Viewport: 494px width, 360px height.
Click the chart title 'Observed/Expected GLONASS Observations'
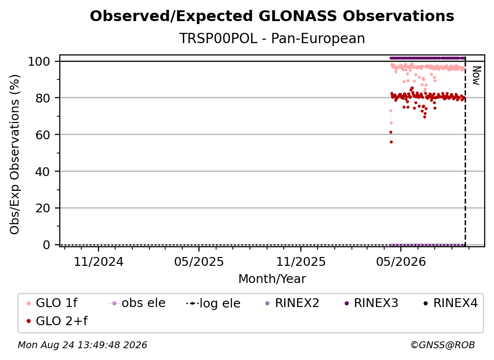[272, 16]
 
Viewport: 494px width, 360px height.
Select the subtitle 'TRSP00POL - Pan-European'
[272, 38]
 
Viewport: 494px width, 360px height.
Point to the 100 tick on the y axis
[39, 61]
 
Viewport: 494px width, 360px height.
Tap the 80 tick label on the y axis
[43, 98]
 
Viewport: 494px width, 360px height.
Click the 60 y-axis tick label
[43, 134]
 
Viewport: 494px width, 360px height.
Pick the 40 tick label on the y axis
[43, 172]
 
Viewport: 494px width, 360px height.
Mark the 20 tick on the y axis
[43, 208]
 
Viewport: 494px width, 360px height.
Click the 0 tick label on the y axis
[47, 245]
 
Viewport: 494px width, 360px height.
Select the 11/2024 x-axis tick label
[99, 261]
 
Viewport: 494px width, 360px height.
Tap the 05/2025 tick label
[199, 261]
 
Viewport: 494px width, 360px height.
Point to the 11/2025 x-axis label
[301, 261]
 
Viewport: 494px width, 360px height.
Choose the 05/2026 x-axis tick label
[401, 261]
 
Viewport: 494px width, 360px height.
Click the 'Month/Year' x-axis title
[272, 279]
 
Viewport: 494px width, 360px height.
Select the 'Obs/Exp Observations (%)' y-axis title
[15, 154]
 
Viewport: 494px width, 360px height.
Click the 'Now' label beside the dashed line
[476, 76]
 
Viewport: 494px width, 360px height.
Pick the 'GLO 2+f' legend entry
[57, 321]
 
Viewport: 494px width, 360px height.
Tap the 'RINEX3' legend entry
[371, 303]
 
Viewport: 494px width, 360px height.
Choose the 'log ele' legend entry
[213, 303]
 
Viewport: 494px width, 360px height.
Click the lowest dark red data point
[391, 142]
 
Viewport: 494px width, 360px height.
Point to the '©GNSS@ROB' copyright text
[443, 345]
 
